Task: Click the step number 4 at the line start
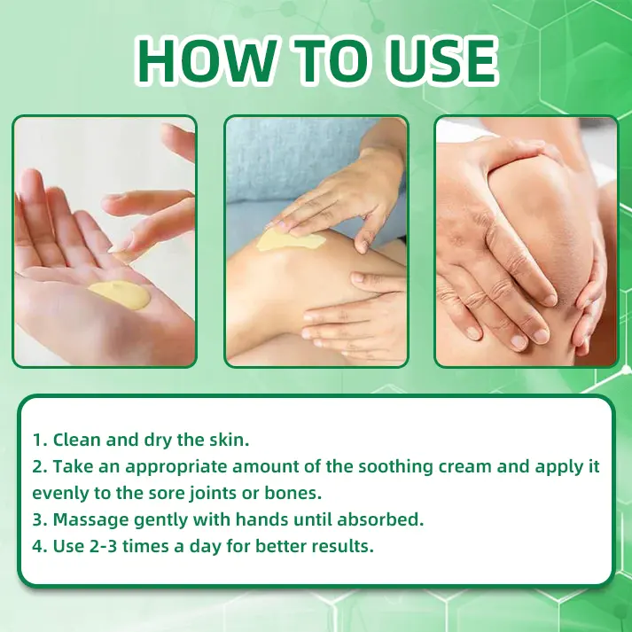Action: (37, 545)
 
